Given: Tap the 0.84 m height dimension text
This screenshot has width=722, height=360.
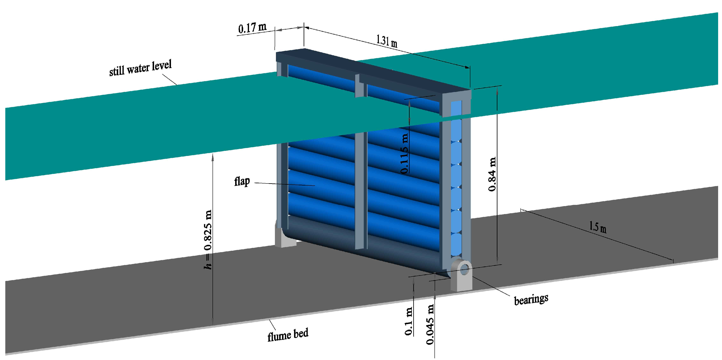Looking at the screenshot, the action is pyautogui.click(x=492, y=174).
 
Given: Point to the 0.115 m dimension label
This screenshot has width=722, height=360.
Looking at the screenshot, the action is pyautogui.click(x=404, y=154).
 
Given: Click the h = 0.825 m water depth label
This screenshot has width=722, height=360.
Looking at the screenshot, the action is pyautogui.click(x=208, y=240).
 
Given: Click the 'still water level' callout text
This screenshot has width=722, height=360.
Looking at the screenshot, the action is pyautogui.click(x=140, y=68).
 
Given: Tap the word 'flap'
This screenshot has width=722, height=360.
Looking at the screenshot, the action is pyautogui.click(x=242, y=181).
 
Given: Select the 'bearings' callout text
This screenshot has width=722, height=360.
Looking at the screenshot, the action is pyautogui.click(x=531, y=299).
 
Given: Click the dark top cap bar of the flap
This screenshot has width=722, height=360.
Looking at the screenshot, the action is pyautogui.click(x=373, y=70).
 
